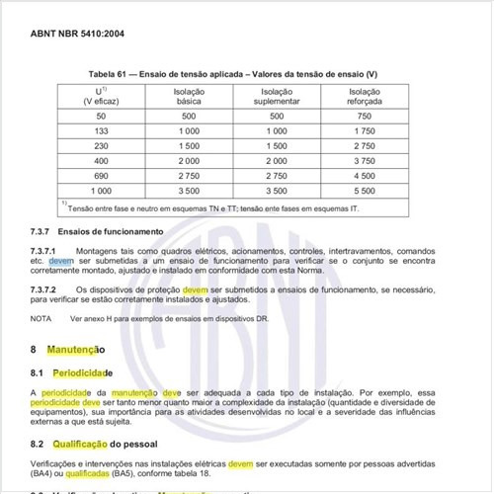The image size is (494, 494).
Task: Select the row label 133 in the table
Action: (x=101, y=130)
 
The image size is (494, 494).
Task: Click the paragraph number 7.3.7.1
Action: (x=45, y=251)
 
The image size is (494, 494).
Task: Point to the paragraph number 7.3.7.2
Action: (x=45, y=288)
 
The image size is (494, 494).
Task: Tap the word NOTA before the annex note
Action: (x=41, y=319)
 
